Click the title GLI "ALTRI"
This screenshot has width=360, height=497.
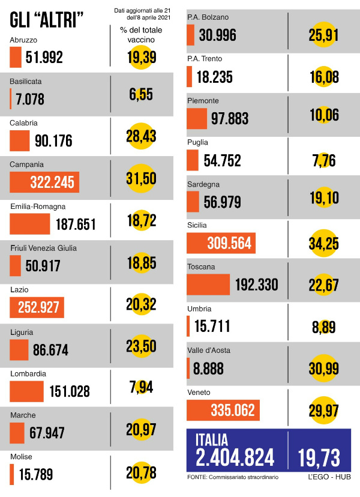click(x=47, y=22)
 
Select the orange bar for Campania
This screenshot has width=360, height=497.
click(x=44, y=182)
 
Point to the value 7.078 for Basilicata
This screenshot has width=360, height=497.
click(x=30, y=99)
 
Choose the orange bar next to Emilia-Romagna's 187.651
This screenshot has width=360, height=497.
click(x=30, y=224)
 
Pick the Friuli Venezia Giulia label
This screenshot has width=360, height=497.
click(x=44, y=248)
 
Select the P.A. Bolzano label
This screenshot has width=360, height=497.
click(x=208, y=17)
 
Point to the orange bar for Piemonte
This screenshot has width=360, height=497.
click(x=197, y=118)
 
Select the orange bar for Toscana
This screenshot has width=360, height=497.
click(x=208, y=285)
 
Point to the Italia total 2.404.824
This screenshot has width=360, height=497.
click(x=235, y=458)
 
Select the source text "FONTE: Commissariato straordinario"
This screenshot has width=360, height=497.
click(x=238, y=477)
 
